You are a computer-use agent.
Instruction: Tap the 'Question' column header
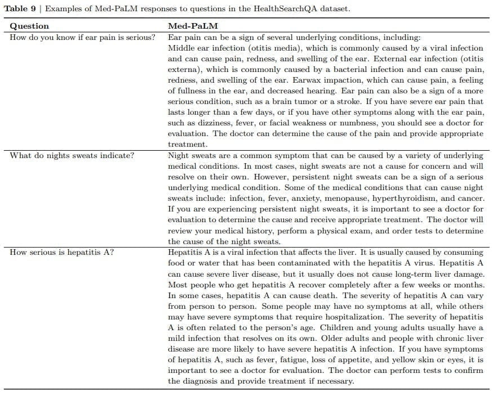[29, 26]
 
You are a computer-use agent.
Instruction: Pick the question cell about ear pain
[83, 37]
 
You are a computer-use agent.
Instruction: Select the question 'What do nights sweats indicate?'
[72, 155]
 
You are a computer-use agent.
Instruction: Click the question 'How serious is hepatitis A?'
[62, 252]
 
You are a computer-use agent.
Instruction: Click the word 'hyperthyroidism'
[393, 199]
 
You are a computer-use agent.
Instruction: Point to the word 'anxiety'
[287, 199]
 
